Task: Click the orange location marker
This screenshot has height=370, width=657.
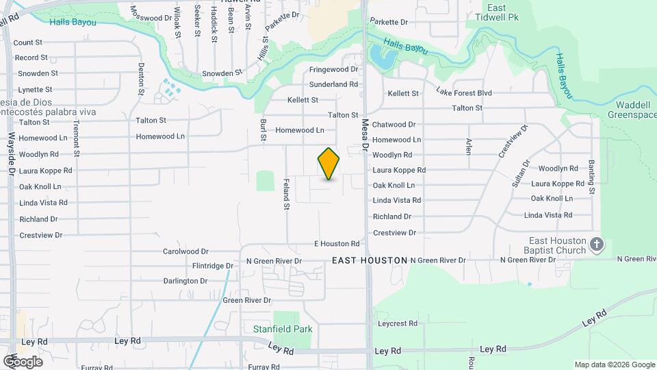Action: tap(328, 164)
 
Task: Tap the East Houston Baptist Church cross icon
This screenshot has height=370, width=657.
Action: tap(597, 245)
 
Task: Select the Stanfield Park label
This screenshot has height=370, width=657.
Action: tap(283, 329)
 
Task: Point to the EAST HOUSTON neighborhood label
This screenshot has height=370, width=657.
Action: tap(370, 261)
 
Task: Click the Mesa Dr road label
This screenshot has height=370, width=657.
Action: tap(365, 134)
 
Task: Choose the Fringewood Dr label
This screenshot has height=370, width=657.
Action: tap(333, 70)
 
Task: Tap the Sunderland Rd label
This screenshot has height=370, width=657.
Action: tap(333, 84)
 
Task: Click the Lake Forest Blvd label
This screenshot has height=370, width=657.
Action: tap(464, 92)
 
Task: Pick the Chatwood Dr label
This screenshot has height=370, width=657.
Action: tap(394, 125)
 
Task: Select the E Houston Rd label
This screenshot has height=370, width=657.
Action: tap(337, 244)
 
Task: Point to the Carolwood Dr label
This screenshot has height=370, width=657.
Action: tap(185, 251)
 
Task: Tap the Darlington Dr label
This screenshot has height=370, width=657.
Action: tap(185, 281)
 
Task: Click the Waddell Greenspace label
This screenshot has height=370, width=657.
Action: tap(632, 110)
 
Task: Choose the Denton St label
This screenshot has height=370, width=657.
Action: tap(142, 78)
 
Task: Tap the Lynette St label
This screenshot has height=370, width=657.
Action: tap(36, 90)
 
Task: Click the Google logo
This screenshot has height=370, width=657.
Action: tap(22, 361)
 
